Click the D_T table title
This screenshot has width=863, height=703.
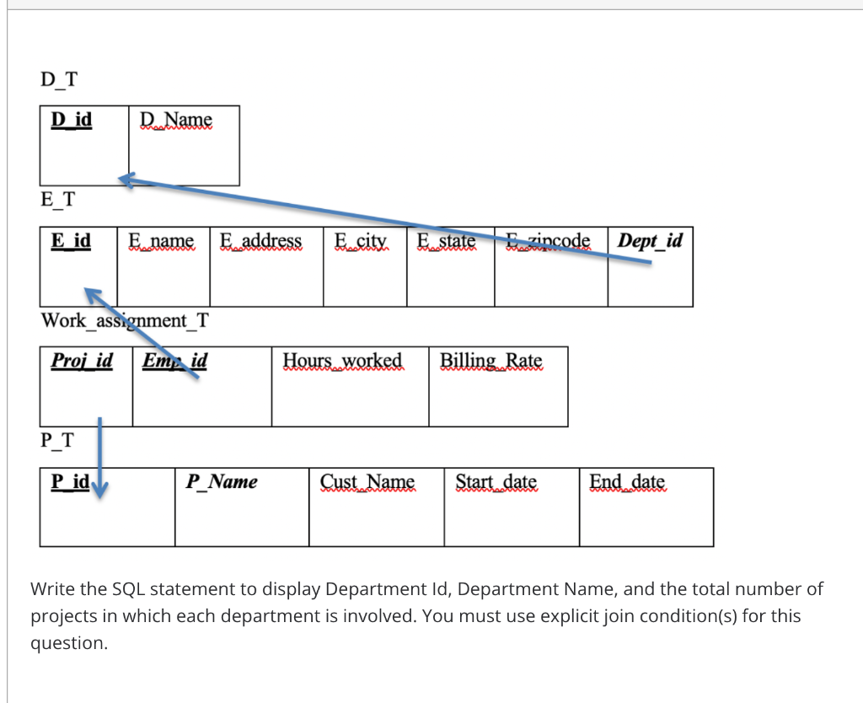(59, 79)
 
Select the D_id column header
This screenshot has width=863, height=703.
(72, 120)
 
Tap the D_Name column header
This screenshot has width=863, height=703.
(176, 120)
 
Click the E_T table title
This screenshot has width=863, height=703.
(58, 199)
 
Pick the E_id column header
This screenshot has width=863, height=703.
(71, 240)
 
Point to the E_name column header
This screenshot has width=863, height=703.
(161, 240)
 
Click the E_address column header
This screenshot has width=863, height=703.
(261, 240)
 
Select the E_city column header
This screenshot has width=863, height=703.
(361, 240)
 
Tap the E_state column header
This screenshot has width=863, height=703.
(447, 240)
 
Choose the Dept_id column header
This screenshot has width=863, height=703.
(650, 240)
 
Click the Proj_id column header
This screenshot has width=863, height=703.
(82, 361)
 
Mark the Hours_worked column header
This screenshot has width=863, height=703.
(342, 361)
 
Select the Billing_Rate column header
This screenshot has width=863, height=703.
(491, 361)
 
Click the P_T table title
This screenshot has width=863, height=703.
(57, 440)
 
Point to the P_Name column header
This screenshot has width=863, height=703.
(222, 481)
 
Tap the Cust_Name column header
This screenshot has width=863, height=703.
(367, 481)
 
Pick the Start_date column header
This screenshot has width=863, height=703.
(496, 481)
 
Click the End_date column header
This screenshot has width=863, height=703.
(627, 481)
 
